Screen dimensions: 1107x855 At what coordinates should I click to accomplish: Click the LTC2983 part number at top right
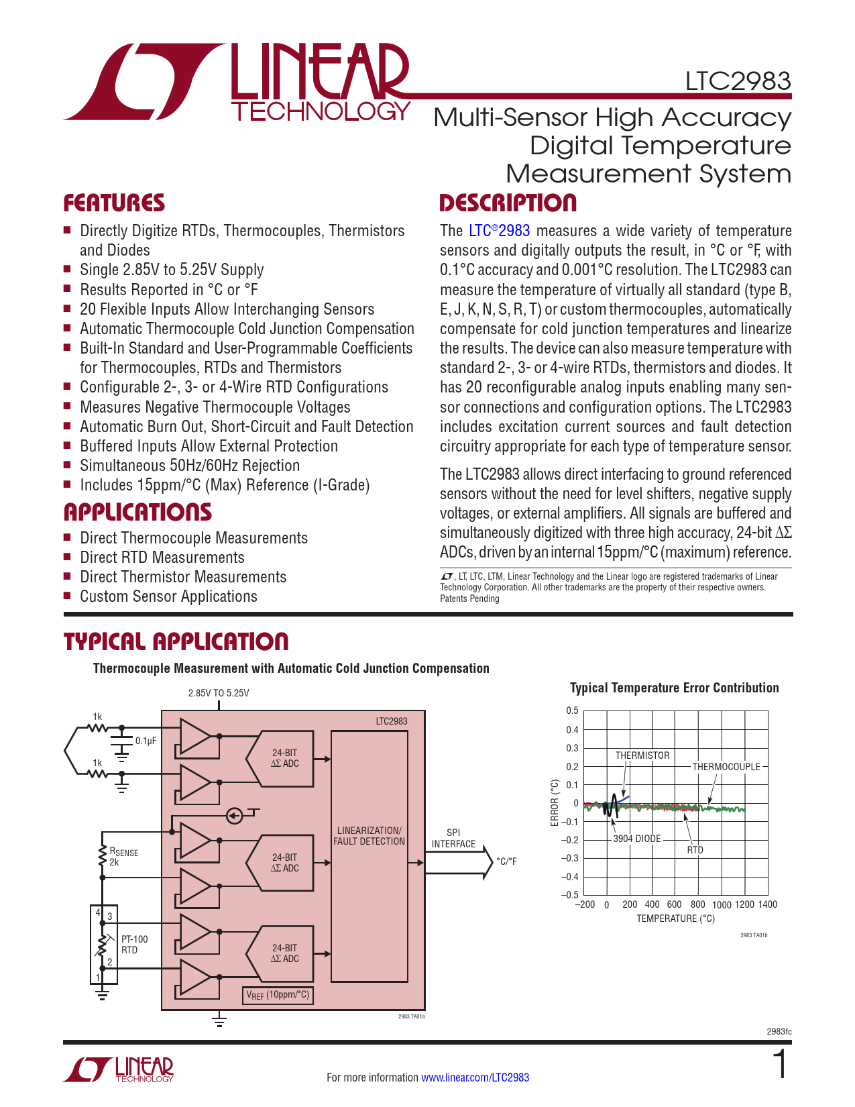click(738, 81)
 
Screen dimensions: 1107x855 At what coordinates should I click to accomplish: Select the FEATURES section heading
click(114, 203)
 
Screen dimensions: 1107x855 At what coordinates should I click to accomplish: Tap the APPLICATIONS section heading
click(137, 513)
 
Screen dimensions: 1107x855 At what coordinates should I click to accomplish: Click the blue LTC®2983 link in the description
click(499, 231)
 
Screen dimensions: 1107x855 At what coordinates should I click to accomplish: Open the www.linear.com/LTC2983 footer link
click(475, 1077)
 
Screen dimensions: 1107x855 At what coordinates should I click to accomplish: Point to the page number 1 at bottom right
click(780, 1065)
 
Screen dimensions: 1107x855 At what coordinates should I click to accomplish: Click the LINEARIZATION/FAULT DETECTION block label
click(369, 836)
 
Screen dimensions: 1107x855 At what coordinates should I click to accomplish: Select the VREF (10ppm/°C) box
click(278, 995)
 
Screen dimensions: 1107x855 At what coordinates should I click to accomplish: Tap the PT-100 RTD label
click(134, 945)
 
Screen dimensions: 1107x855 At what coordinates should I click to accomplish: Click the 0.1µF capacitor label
click(146, 741)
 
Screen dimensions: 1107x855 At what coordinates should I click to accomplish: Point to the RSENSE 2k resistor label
click(123, 857)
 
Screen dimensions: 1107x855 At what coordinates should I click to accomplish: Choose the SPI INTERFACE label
click(453, 839)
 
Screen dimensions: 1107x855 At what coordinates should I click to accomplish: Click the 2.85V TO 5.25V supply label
click(219, 693)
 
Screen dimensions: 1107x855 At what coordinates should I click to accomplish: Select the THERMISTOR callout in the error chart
click(642, 755)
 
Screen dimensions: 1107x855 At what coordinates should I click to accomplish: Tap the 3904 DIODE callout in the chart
click(637, 839)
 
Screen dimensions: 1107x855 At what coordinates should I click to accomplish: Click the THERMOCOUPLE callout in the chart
click(726, 767)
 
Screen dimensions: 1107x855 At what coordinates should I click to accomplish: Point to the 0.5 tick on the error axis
click(572, 710)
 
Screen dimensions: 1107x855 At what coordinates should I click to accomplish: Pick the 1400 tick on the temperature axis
click(767, 904)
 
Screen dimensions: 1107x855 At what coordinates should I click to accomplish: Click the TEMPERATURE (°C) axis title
click(675, 918)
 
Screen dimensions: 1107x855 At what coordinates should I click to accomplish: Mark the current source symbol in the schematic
click(234, 816)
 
